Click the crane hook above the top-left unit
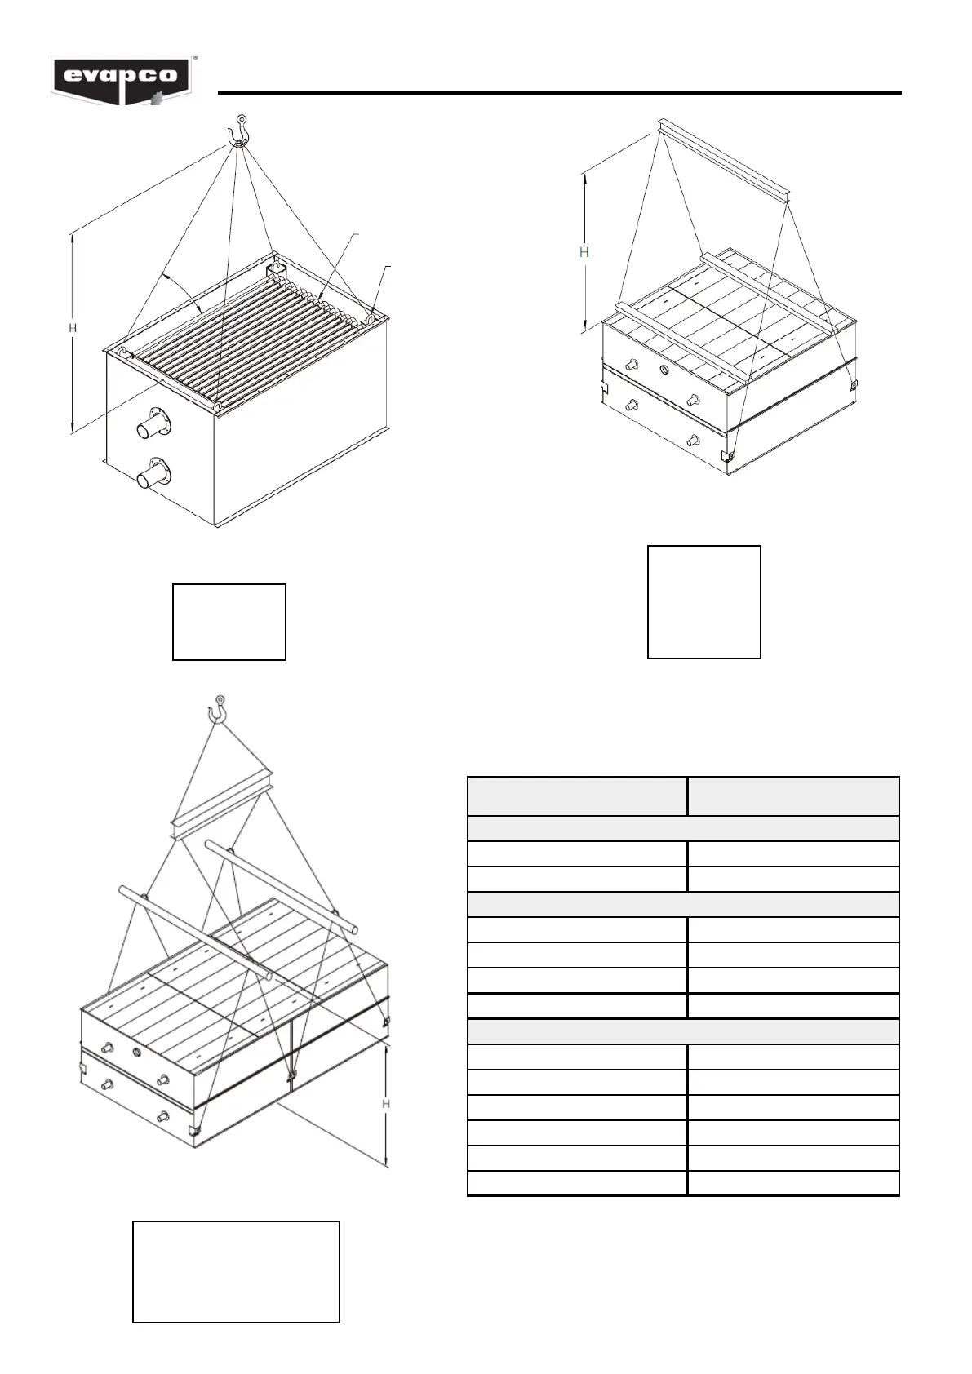coord(238,131)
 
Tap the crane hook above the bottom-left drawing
coord(219,709)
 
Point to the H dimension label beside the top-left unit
coord(72,328)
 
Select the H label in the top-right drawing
coord(584,252)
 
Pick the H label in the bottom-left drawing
coord(387,1104)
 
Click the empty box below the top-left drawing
coord(229,622)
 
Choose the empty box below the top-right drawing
coord(704,602)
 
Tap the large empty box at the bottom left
coord(236,1271)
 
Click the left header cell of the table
coord(577,796)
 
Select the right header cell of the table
coord(793,796)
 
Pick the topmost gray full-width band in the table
coord(683,829)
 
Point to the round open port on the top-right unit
coord(664,370)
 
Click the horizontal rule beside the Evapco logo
coord(559,93)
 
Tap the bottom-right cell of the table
coord(793,1183)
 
